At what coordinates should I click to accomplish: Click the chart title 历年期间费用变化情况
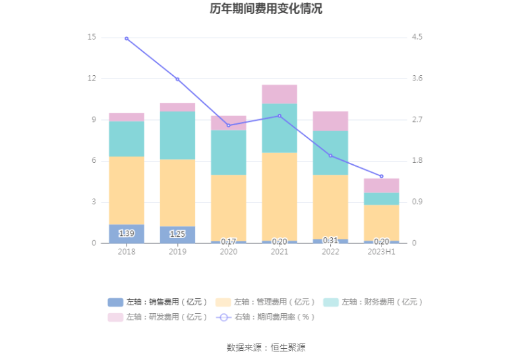(x=266, y=9)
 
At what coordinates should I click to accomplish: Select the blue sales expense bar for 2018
(x=127, y=234)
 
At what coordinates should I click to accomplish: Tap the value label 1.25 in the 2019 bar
(x=177, y=234)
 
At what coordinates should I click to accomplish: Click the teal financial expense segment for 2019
(x=177, y=135)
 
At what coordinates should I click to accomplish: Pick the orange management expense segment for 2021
(x=280, y=196)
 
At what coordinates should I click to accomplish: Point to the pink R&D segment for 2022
(x=330, y=121)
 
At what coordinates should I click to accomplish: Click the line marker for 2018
(x=127, y=38)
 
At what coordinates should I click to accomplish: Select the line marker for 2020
(x=229, y=125)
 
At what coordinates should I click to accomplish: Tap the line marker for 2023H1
(x=381, y=176)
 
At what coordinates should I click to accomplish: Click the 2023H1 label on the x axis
(x=381, y=252)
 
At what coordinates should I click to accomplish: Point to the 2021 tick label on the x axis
(x=280, y=252)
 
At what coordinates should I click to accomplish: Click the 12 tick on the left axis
(x=92, y=78)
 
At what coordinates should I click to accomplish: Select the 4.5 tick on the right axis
(x=417, y=38)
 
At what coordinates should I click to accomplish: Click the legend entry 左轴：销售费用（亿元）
(x=158, y=302)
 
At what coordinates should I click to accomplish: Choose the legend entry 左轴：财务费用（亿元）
(x=372, y=302)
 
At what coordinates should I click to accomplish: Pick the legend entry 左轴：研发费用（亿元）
(x=158, y=316)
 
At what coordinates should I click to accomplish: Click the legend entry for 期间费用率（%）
(x=267, y=316)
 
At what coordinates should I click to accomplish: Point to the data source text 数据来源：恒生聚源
(x=266, y=347)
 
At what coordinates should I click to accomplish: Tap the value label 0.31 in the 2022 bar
(x=330, y=240)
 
